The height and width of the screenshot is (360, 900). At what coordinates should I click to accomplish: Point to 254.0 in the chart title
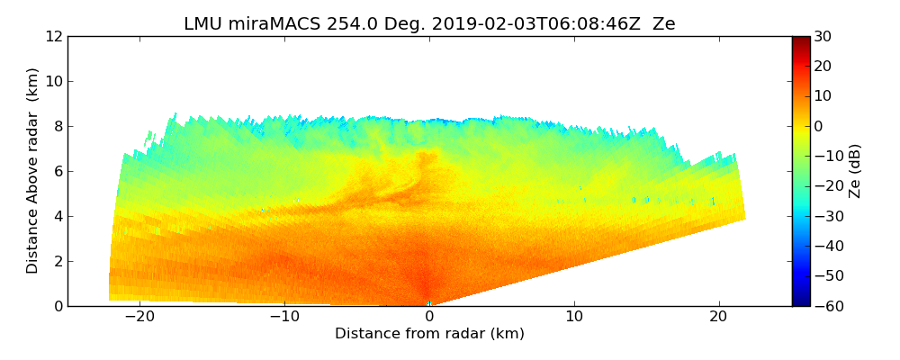click(333, 24)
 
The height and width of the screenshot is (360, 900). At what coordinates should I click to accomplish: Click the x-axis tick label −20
click(139, 318)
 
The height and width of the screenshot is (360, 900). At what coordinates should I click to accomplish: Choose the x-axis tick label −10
click(283, 318)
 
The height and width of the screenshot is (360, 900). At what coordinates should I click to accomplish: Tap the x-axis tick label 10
click(574, 318)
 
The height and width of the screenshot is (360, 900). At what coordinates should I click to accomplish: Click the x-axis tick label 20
click(718, 318)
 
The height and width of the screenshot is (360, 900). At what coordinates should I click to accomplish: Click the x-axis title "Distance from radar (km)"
click(429, 334)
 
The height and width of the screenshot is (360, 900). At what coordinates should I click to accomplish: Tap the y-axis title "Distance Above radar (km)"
click(33, 171)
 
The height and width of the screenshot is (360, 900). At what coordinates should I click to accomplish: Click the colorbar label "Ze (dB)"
click(855, 171)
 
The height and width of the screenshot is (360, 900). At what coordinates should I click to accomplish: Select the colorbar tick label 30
click(822, 37)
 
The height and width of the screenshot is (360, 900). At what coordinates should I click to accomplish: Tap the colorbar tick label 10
click(822, 96)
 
